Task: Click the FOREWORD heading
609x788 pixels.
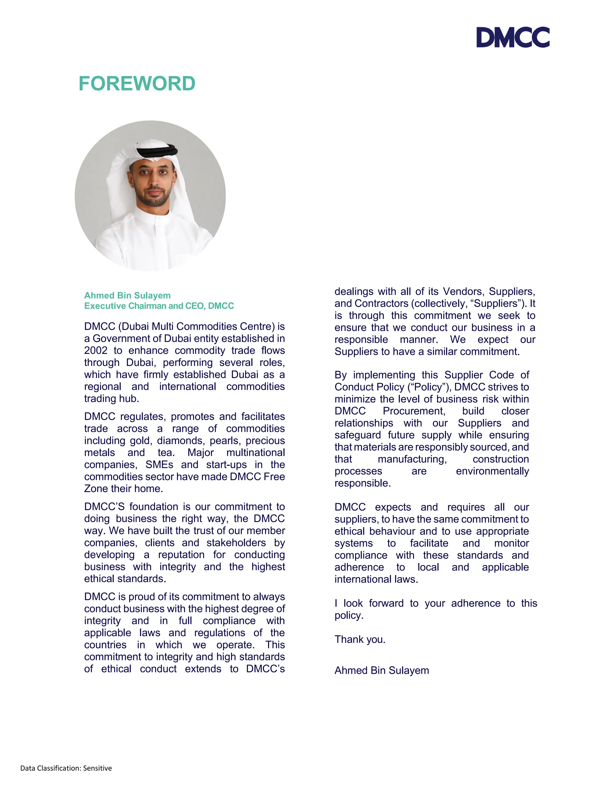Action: coord(137,84)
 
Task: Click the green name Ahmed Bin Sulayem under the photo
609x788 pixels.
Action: coord(127,296)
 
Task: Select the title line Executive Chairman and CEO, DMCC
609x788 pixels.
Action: coord(159,306)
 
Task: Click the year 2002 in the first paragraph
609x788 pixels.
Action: coord(96,351)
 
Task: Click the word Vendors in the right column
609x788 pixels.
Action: coord(463,291)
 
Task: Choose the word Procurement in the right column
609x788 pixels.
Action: coord(414,411)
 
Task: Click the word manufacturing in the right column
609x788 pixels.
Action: coord(412,459)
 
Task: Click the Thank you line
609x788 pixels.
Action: coord(360,639)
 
